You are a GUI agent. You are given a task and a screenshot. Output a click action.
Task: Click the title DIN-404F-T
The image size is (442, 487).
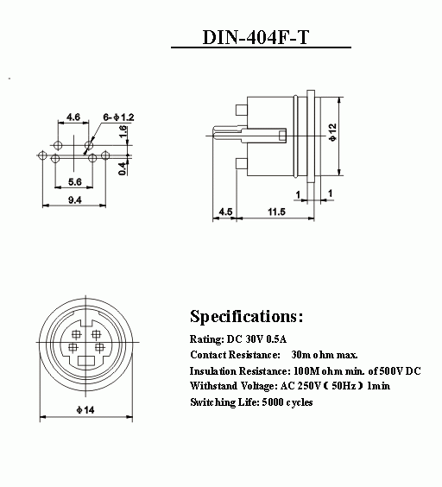256,37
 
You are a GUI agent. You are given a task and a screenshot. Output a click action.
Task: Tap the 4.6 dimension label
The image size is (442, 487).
73,117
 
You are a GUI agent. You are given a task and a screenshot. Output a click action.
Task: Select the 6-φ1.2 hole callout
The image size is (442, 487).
118,117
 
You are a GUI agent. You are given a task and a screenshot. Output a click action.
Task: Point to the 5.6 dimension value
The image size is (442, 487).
74,181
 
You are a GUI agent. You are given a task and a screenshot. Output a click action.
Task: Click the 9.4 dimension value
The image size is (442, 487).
75,200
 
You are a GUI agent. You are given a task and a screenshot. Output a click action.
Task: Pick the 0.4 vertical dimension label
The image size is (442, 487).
123,168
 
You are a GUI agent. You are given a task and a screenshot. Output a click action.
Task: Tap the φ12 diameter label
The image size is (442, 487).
332,132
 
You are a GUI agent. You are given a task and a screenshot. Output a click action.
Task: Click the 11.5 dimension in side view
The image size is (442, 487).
276,212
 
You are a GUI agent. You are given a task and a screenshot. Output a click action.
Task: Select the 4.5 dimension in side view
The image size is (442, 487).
225,212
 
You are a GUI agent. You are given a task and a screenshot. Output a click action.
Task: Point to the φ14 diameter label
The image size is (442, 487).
85,410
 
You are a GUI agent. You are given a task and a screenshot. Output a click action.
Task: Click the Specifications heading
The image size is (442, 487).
246,317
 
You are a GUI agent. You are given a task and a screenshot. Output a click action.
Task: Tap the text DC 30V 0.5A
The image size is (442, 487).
256,338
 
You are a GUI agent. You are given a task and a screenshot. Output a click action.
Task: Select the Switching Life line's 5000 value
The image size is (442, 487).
273,402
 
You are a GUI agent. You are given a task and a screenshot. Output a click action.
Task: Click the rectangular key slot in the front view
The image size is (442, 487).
86,361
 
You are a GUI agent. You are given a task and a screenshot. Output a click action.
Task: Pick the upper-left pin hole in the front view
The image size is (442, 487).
76,334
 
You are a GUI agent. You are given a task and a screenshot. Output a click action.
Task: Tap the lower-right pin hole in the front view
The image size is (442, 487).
99,347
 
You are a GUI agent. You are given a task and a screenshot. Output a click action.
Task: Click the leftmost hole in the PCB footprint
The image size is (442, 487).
42,155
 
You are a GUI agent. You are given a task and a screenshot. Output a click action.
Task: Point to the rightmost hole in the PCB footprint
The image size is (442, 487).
105,155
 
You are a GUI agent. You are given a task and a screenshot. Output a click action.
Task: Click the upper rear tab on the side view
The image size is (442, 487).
242,111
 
